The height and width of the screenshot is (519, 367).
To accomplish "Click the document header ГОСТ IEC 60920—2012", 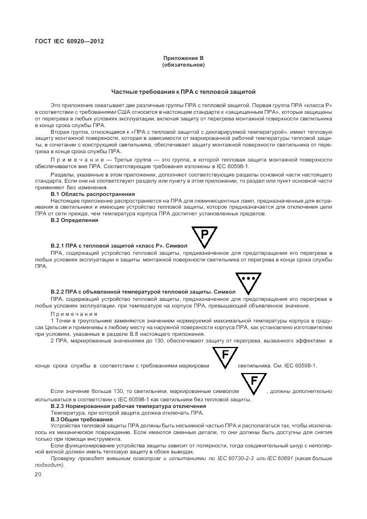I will (69, 42).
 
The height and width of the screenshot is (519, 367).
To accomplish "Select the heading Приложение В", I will (183, 58).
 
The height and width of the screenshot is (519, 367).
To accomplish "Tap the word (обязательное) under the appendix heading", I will (183, 65).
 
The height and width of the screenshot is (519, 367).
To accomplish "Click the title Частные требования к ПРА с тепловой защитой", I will (183, 92).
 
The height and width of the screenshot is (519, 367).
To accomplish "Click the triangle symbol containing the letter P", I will (204, 236).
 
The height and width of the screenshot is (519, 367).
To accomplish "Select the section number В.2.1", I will (58, 245).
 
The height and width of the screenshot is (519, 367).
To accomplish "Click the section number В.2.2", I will (58, 291).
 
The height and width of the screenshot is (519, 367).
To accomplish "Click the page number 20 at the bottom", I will (38, 475).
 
